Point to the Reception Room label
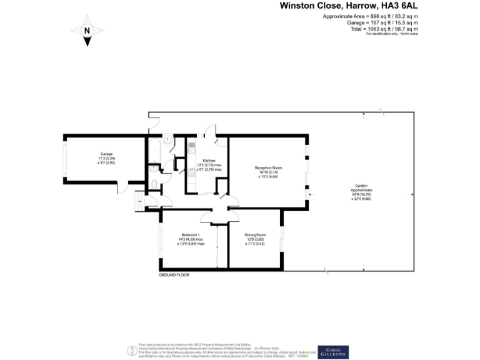tap(269, 167)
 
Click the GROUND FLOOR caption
tap(174, 275)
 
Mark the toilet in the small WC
tap(154, 184)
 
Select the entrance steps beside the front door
tap(138, 202)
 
